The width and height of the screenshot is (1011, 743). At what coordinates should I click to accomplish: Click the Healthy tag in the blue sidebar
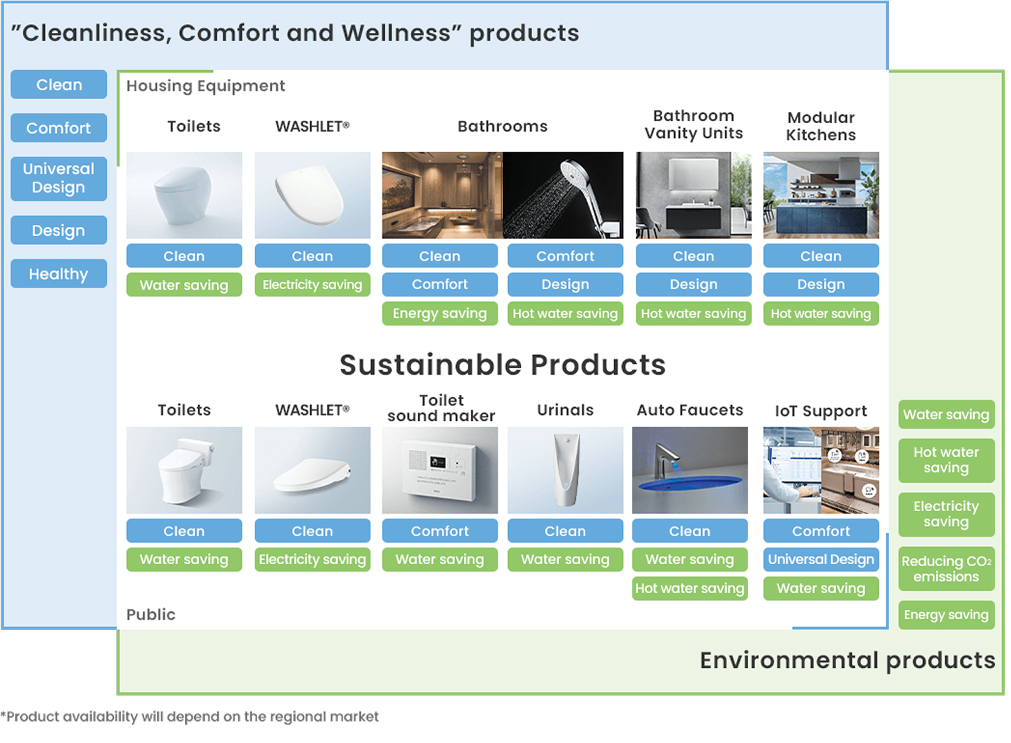click(x=59, y=274)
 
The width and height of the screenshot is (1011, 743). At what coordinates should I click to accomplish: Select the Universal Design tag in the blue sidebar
click(x=59, y=179)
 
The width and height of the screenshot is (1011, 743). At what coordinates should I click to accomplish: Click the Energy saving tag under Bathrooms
click(x=440, y=314)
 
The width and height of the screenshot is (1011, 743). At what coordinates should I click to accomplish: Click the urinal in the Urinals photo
click(x=566, y=470)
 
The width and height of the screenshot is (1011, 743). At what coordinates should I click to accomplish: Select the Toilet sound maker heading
click(x=442, y=409)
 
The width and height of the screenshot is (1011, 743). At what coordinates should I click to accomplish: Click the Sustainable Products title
click(x=503, y=365)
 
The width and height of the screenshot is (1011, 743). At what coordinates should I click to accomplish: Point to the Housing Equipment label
click(x=206, y=86)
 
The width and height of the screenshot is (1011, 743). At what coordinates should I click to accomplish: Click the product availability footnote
click(x=190, y=717)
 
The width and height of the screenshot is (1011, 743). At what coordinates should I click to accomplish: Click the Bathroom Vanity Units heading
click(x=694, y=125)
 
